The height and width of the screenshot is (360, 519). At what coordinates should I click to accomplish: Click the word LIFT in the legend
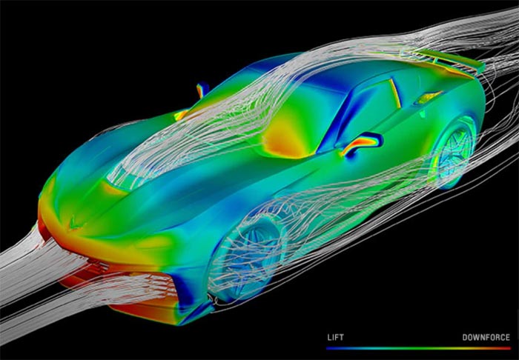coord(335,338)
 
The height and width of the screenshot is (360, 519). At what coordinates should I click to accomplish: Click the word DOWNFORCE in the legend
coord(486,338)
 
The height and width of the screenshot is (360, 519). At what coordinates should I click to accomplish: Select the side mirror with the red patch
coord(363,143)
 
